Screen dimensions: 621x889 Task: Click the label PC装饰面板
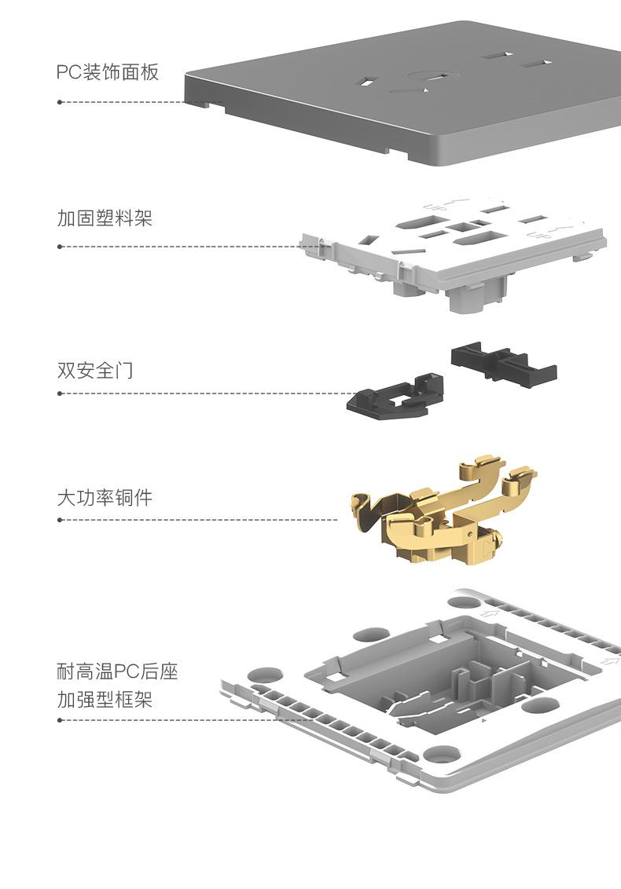(x=107, y=72)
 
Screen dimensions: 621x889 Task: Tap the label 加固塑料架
(x=105, y=218)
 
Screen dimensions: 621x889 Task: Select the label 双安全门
(x=95, y=370)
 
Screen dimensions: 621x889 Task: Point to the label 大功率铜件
(x=105, y=497)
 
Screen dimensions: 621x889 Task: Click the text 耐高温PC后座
(x=117, y=671)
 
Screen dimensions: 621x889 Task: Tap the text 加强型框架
(x=105, y=700)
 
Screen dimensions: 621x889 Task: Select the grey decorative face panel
(x=402, y=93)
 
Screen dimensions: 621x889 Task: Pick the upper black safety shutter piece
(x=504, y=361)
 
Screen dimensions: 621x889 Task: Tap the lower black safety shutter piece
(x=395, y=395)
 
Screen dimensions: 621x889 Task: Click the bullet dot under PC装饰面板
(x=60, y=102)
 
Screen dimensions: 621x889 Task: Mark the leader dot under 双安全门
(x=60, y=393)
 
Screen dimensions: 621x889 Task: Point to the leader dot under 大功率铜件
(x=60, y=519)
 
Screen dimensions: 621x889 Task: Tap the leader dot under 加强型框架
(x=60, y=720)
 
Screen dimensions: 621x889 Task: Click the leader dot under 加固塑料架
(x=60, y=247)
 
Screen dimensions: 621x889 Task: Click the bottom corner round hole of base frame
(x=442, y=754)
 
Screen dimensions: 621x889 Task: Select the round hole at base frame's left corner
(x=265, y=675)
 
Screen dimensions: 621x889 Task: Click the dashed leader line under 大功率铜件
(x=199, y=519)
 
